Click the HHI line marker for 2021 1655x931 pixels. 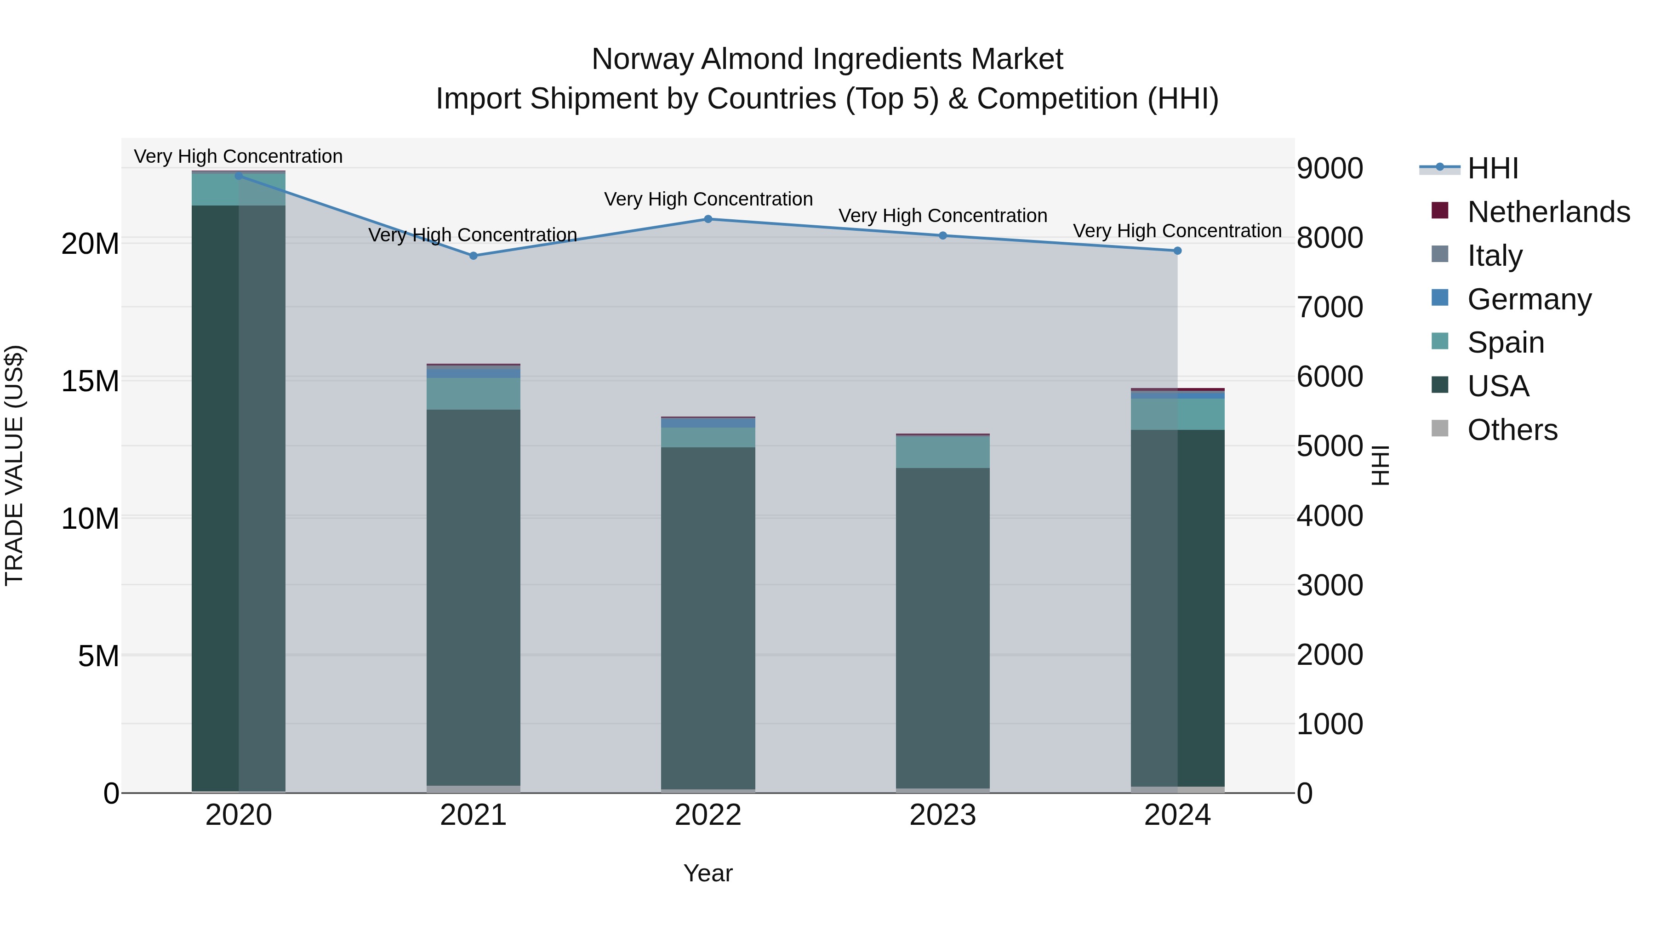(x=474, y=256)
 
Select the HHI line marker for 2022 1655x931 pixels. (x=708, y=219)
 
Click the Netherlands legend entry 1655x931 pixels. (x=1548, y=212)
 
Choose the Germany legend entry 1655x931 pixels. (x=1529, y=299)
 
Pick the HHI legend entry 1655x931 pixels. (x=1492, y=168)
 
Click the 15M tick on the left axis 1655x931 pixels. (x=90, y=381)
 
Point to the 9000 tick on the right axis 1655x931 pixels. (x=1330, y=168)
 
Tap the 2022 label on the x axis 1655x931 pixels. (x=708, y=815)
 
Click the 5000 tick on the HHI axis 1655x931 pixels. (x=1330, y=446)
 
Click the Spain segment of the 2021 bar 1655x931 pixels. (x=474, y=394)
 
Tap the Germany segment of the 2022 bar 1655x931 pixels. (x=708, y=423)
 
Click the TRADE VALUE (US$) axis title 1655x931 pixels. (x=14, y=465)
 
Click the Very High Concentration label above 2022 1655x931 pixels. (x=708, y=199)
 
